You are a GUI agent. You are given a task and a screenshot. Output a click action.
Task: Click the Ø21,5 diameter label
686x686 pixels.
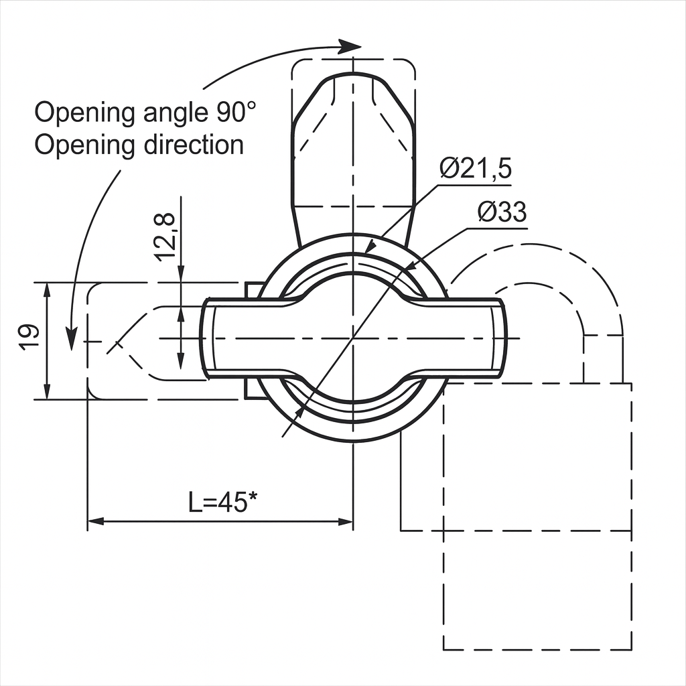point(476,168)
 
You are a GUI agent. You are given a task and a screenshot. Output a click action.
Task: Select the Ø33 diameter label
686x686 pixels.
point(502,212)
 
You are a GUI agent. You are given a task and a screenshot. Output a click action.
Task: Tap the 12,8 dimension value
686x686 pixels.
point(167,236)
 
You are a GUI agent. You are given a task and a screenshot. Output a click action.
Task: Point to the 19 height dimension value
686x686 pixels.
point(29,336)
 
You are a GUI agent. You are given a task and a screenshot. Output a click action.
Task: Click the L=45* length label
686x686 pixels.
point(222,502)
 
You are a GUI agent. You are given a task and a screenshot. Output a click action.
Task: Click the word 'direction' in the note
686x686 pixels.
point(194,145)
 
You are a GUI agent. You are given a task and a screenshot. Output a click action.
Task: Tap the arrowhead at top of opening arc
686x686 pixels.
point(349,46)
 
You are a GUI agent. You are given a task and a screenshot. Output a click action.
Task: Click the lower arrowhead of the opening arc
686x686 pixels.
point(70,340)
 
